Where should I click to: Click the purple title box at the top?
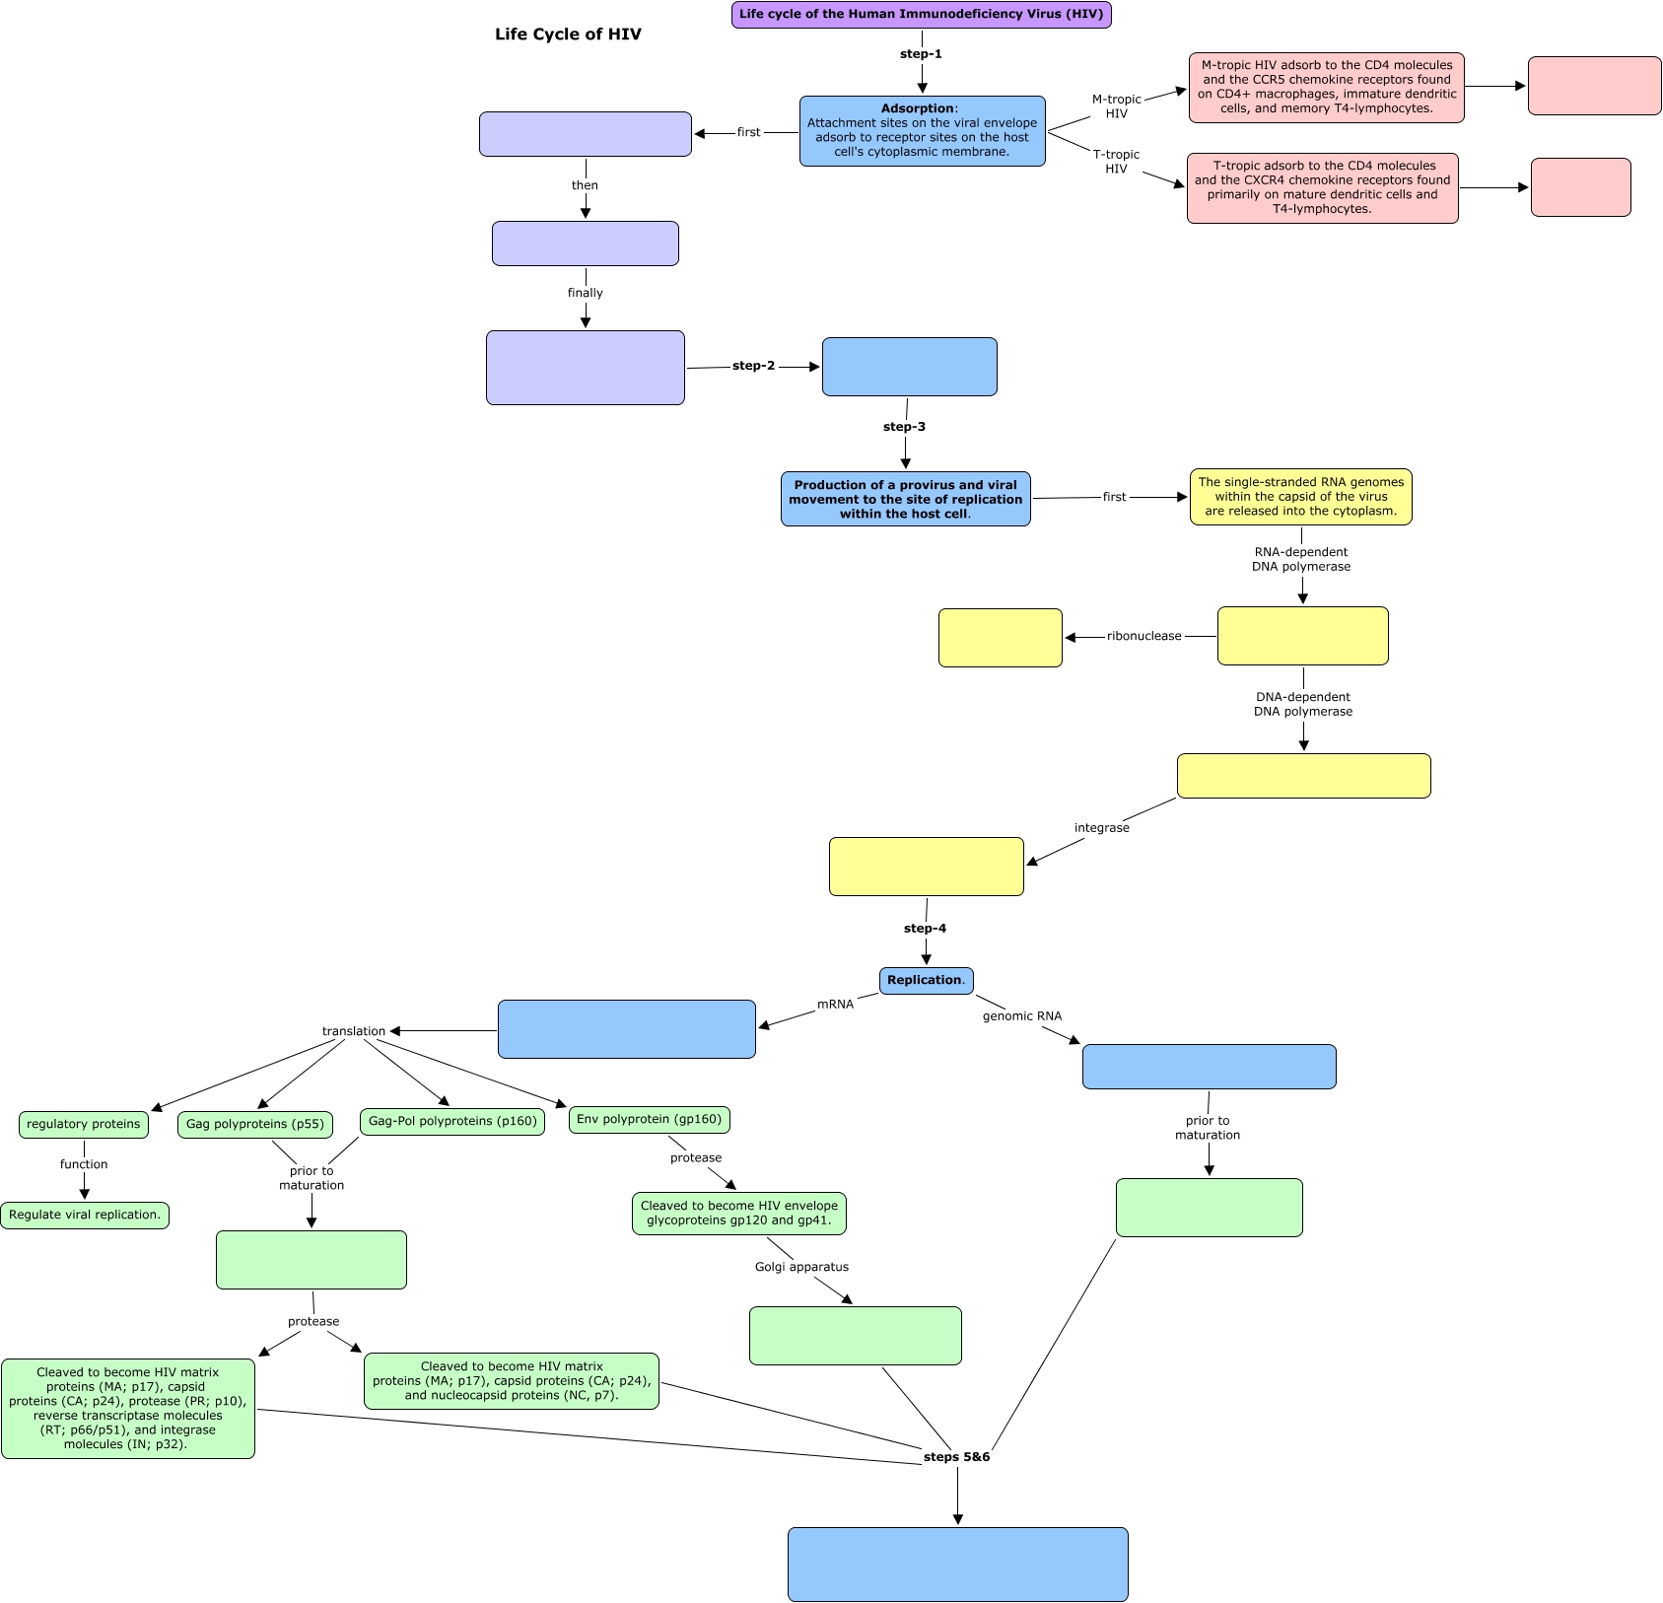922,15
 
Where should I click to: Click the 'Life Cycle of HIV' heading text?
568,35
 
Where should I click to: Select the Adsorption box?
923,131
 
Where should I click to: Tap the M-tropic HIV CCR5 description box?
1327,88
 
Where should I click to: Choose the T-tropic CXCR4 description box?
1323,188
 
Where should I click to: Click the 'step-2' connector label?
754,366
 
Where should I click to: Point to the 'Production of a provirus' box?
906,499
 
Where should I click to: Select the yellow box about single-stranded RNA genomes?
1301,497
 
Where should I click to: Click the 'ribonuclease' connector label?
1144,636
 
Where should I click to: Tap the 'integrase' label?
1102,828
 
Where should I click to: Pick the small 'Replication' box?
927,981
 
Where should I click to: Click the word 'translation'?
354,1031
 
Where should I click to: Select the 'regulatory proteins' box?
84,1125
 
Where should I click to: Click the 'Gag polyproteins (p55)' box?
255,1125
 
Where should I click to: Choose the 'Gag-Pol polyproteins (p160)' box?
452,1122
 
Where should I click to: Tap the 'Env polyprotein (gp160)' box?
650,1120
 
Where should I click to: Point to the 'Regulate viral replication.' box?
85,1216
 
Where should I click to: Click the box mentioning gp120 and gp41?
739,1214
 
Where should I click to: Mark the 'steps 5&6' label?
957,1457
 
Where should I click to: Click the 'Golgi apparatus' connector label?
802,1267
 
